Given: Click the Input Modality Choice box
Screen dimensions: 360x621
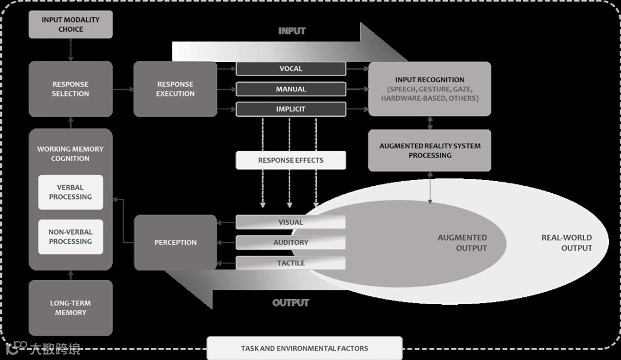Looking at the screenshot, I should pos(70,24).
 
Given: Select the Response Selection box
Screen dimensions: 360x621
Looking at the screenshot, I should pos(70,89).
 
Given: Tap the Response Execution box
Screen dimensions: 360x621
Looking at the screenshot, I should pos(175,89).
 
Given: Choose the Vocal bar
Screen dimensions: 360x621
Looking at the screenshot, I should pos(291,69).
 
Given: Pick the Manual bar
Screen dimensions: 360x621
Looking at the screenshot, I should pos(291,89).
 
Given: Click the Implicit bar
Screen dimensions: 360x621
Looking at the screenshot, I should pos(291,109).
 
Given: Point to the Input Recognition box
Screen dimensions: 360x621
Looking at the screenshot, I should pos(430,89).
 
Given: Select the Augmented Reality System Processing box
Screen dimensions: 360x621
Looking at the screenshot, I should pos(430,151).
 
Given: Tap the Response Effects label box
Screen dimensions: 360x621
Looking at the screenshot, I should pos(291,160).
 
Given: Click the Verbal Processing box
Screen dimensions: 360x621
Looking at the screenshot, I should pos(70,192).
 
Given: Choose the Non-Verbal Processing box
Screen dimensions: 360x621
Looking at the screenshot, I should pos(70,237).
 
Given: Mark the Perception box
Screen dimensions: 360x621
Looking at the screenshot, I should pos(175,243).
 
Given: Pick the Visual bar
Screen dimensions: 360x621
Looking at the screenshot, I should pos(291,223).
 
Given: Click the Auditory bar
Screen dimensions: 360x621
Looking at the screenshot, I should pos(291,243).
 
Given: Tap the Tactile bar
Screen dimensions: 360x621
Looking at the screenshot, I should pos(291,263).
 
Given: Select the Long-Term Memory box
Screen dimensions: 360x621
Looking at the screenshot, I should pos(70,308).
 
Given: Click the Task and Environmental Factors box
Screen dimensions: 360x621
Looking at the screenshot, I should pos(304,348).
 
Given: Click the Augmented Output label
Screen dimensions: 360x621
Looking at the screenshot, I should pos(462,243).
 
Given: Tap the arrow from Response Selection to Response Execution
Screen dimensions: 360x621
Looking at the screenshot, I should pos(123,90).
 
